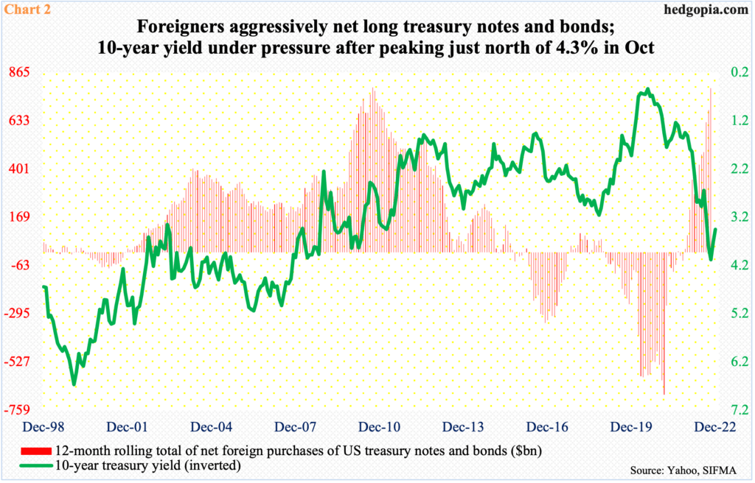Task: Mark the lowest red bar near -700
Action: [x=664, y=394]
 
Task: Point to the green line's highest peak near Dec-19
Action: [x=647, y=90]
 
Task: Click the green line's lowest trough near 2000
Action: [x=74, y=384]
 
